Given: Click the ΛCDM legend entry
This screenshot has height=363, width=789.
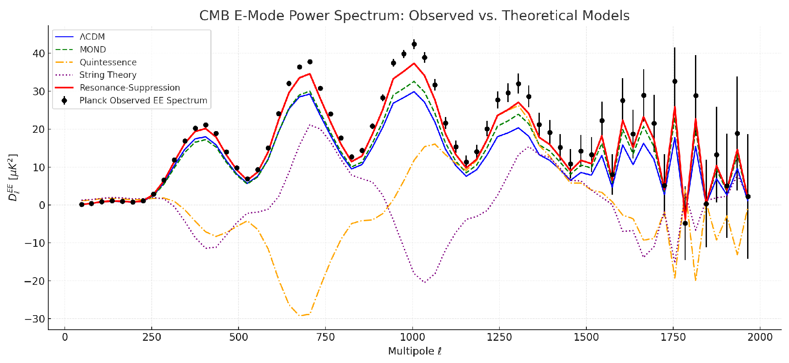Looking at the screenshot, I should point(92,37).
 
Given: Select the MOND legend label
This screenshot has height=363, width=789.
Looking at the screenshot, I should point(93,50).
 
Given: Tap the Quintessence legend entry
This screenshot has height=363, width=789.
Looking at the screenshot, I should point(108,62).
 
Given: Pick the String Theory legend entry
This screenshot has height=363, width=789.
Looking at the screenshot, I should point(108,75).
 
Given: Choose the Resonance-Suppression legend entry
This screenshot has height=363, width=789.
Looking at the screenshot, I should point(130,88).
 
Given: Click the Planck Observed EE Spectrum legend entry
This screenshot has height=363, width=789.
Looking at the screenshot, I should point(143,100).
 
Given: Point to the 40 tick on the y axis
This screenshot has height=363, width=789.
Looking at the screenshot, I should point(38,53).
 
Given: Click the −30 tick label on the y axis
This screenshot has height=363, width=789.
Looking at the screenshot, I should point(34,319).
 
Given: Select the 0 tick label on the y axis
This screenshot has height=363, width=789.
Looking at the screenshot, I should point(41,205).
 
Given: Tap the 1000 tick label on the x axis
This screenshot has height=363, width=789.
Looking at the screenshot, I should point(412,337).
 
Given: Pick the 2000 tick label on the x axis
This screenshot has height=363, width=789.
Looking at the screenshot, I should point(760,337).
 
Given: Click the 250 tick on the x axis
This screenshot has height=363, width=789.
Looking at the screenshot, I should point(152,337).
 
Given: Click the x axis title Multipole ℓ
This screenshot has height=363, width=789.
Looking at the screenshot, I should point(415,351).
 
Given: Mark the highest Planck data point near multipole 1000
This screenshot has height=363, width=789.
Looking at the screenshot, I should point(414,44).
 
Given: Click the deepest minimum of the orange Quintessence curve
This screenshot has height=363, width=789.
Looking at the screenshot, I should point(300,316).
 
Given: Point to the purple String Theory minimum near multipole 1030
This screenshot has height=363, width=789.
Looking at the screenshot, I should point(424,282).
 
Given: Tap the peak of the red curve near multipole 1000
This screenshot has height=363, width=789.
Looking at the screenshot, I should point(414,64).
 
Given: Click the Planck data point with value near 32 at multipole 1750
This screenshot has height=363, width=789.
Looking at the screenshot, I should point(674,81).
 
